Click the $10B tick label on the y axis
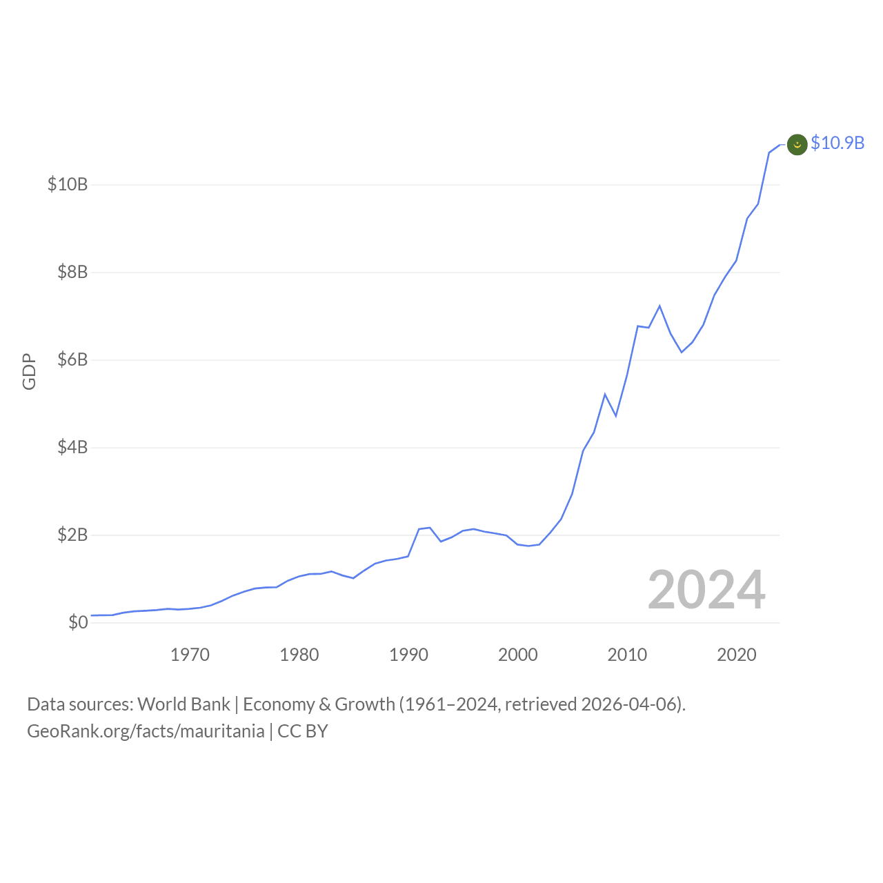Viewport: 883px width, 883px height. tap(68, 184)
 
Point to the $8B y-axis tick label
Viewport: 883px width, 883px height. tap(72, 272)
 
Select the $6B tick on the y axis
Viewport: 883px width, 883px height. tap(72, 359)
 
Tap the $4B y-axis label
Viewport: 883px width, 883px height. tap(72, 447)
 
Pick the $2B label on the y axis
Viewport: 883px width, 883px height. tap(72, 535)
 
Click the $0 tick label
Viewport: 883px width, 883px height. tap(78, 622)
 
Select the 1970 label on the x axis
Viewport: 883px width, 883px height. tap(190, 655)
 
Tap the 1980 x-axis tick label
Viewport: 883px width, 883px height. tap(299, 655)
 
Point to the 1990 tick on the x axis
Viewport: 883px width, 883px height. tap(408, 655)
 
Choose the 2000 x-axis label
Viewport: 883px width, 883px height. tap(518, 655)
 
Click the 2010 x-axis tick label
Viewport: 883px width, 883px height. tap(627, 655)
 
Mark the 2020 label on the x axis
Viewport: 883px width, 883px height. tap(737, 655)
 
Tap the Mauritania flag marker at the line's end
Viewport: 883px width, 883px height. tap(797, 144)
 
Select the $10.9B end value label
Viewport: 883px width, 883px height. tap(837, 143)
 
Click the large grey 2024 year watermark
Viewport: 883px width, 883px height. tap(706, 590)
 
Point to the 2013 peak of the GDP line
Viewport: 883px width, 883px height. tap(659, 306)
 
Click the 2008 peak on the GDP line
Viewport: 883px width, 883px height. tap(605, 395)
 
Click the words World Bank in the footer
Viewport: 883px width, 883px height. tap(183, 704)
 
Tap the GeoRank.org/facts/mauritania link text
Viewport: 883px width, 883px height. tap(146, 731)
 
